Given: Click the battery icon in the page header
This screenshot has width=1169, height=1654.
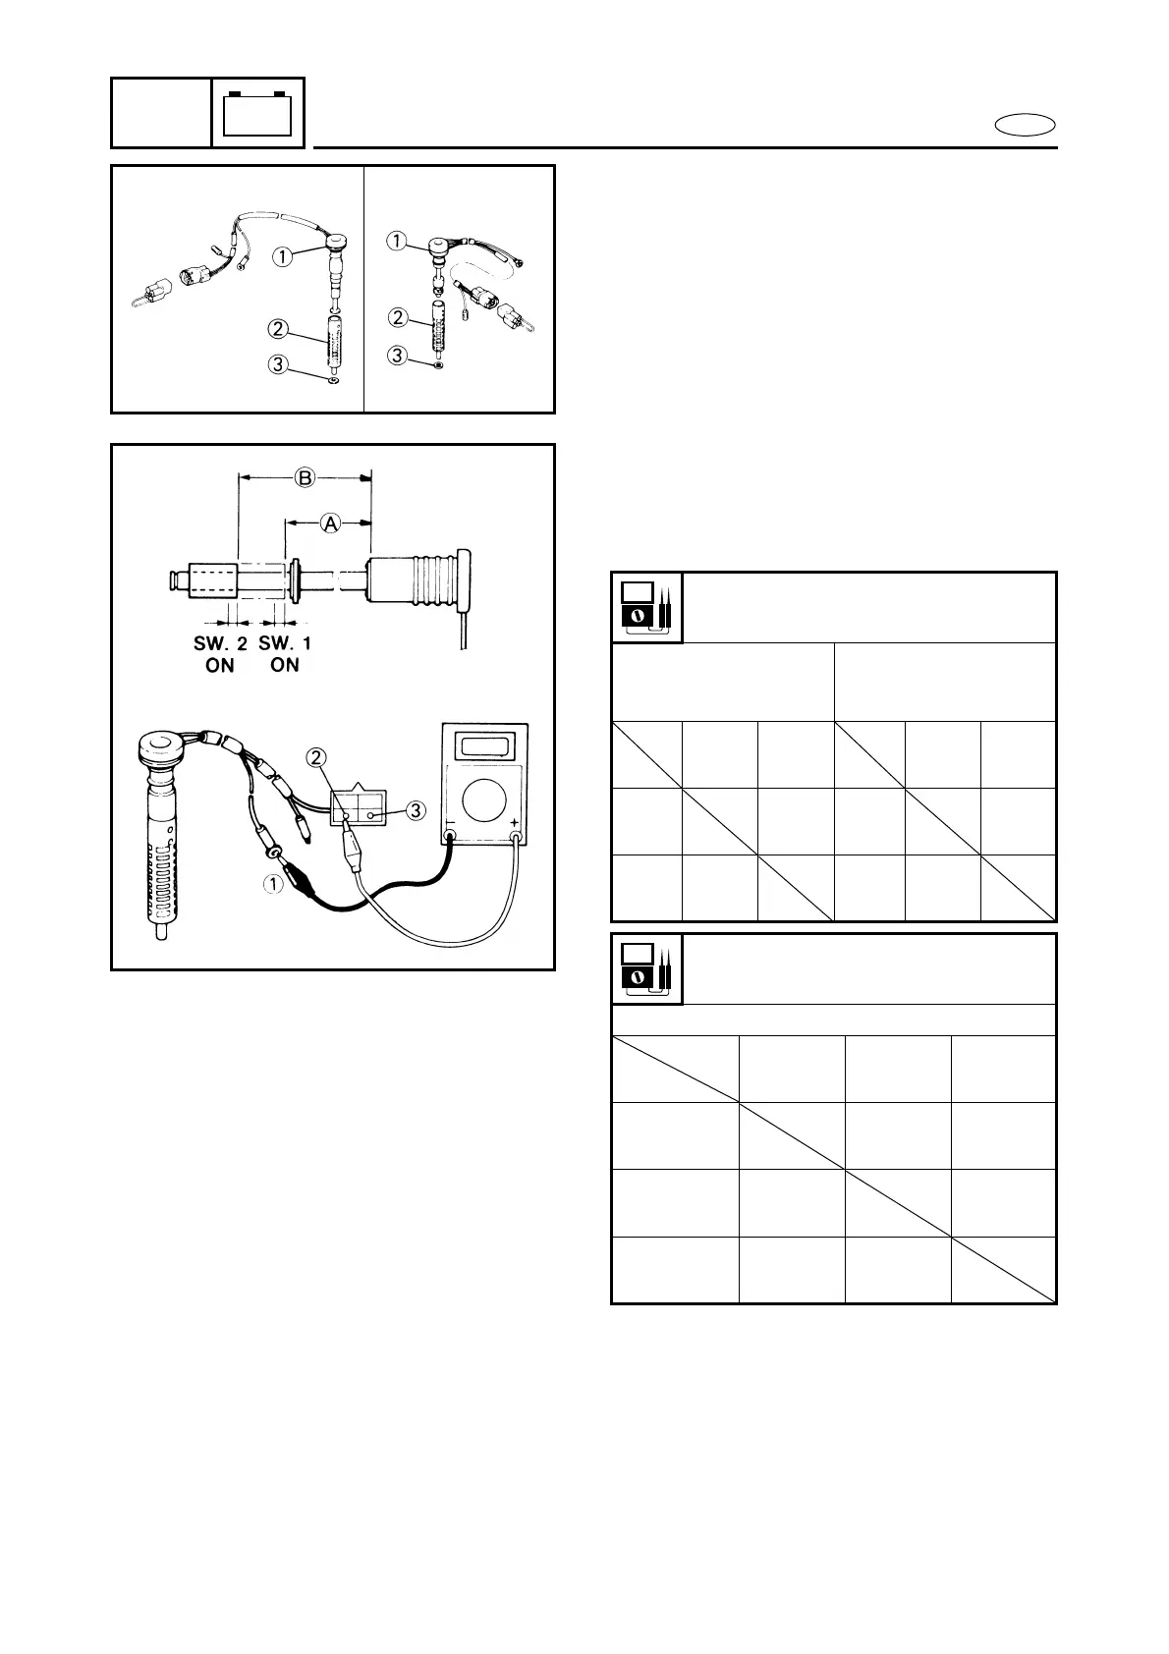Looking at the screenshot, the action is point(258,113).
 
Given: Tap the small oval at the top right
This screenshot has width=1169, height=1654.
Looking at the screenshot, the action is point(1026,125).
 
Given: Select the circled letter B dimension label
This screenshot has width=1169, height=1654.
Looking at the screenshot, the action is point(306,478).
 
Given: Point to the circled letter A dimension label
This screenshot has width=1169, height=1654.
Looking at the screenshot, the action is point(330,524).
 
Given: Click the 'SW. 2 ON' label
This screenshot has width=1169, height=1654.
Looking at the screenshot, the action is point(220,654).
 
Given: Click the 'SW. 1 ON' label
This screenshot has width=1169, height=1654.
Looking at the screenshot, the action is point(284,654).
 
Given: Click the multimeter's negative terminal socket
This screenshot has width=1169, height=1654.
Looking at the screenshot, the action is point(450,838).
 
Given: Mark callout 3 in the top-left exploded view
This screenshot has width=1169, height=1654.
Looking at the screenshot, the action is point(279,364).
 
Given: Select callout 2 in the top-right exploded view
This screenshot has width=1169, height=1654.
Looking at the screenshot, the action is point(398,317).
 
